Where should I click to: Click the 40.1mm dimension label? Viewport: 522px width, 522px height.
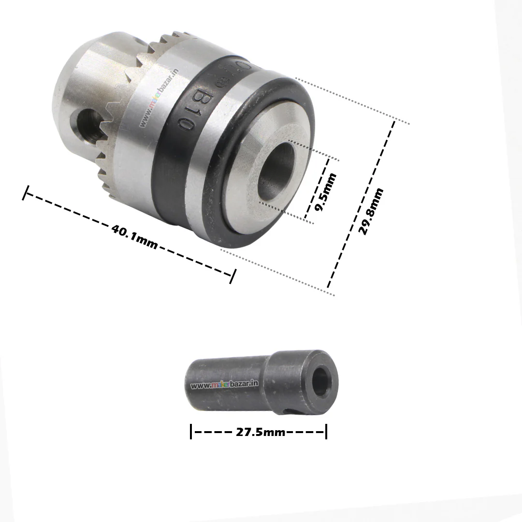[x=134, y=237]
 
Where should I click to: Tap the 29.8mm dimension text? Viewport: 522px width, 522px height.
[x=372, y=211]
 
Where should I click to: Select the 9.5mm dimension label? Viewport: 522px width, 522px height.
[x=326, y=192]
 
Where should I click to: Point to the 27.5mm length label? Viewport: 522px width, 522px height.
[x=261, y=432]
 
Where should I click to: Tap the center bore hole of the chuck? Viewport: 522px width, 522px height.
[x=277, y=172]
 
